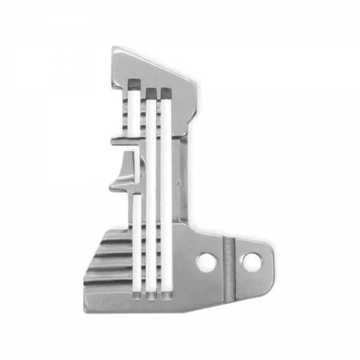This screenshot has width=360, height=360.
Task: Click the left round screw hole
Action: [206, 262]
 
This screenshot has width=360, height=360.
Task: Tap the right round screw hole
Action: [251, 261]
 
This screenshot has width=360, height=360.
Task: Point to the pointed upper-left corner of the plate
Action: [113, 49]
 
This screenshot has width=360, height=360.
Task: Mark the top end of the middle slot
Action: [151, 91]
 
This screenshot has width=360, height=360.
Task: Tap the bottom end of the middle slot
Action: [151, 296]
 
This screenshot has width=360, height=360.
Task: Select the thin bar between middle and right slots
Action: [158, 192]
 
